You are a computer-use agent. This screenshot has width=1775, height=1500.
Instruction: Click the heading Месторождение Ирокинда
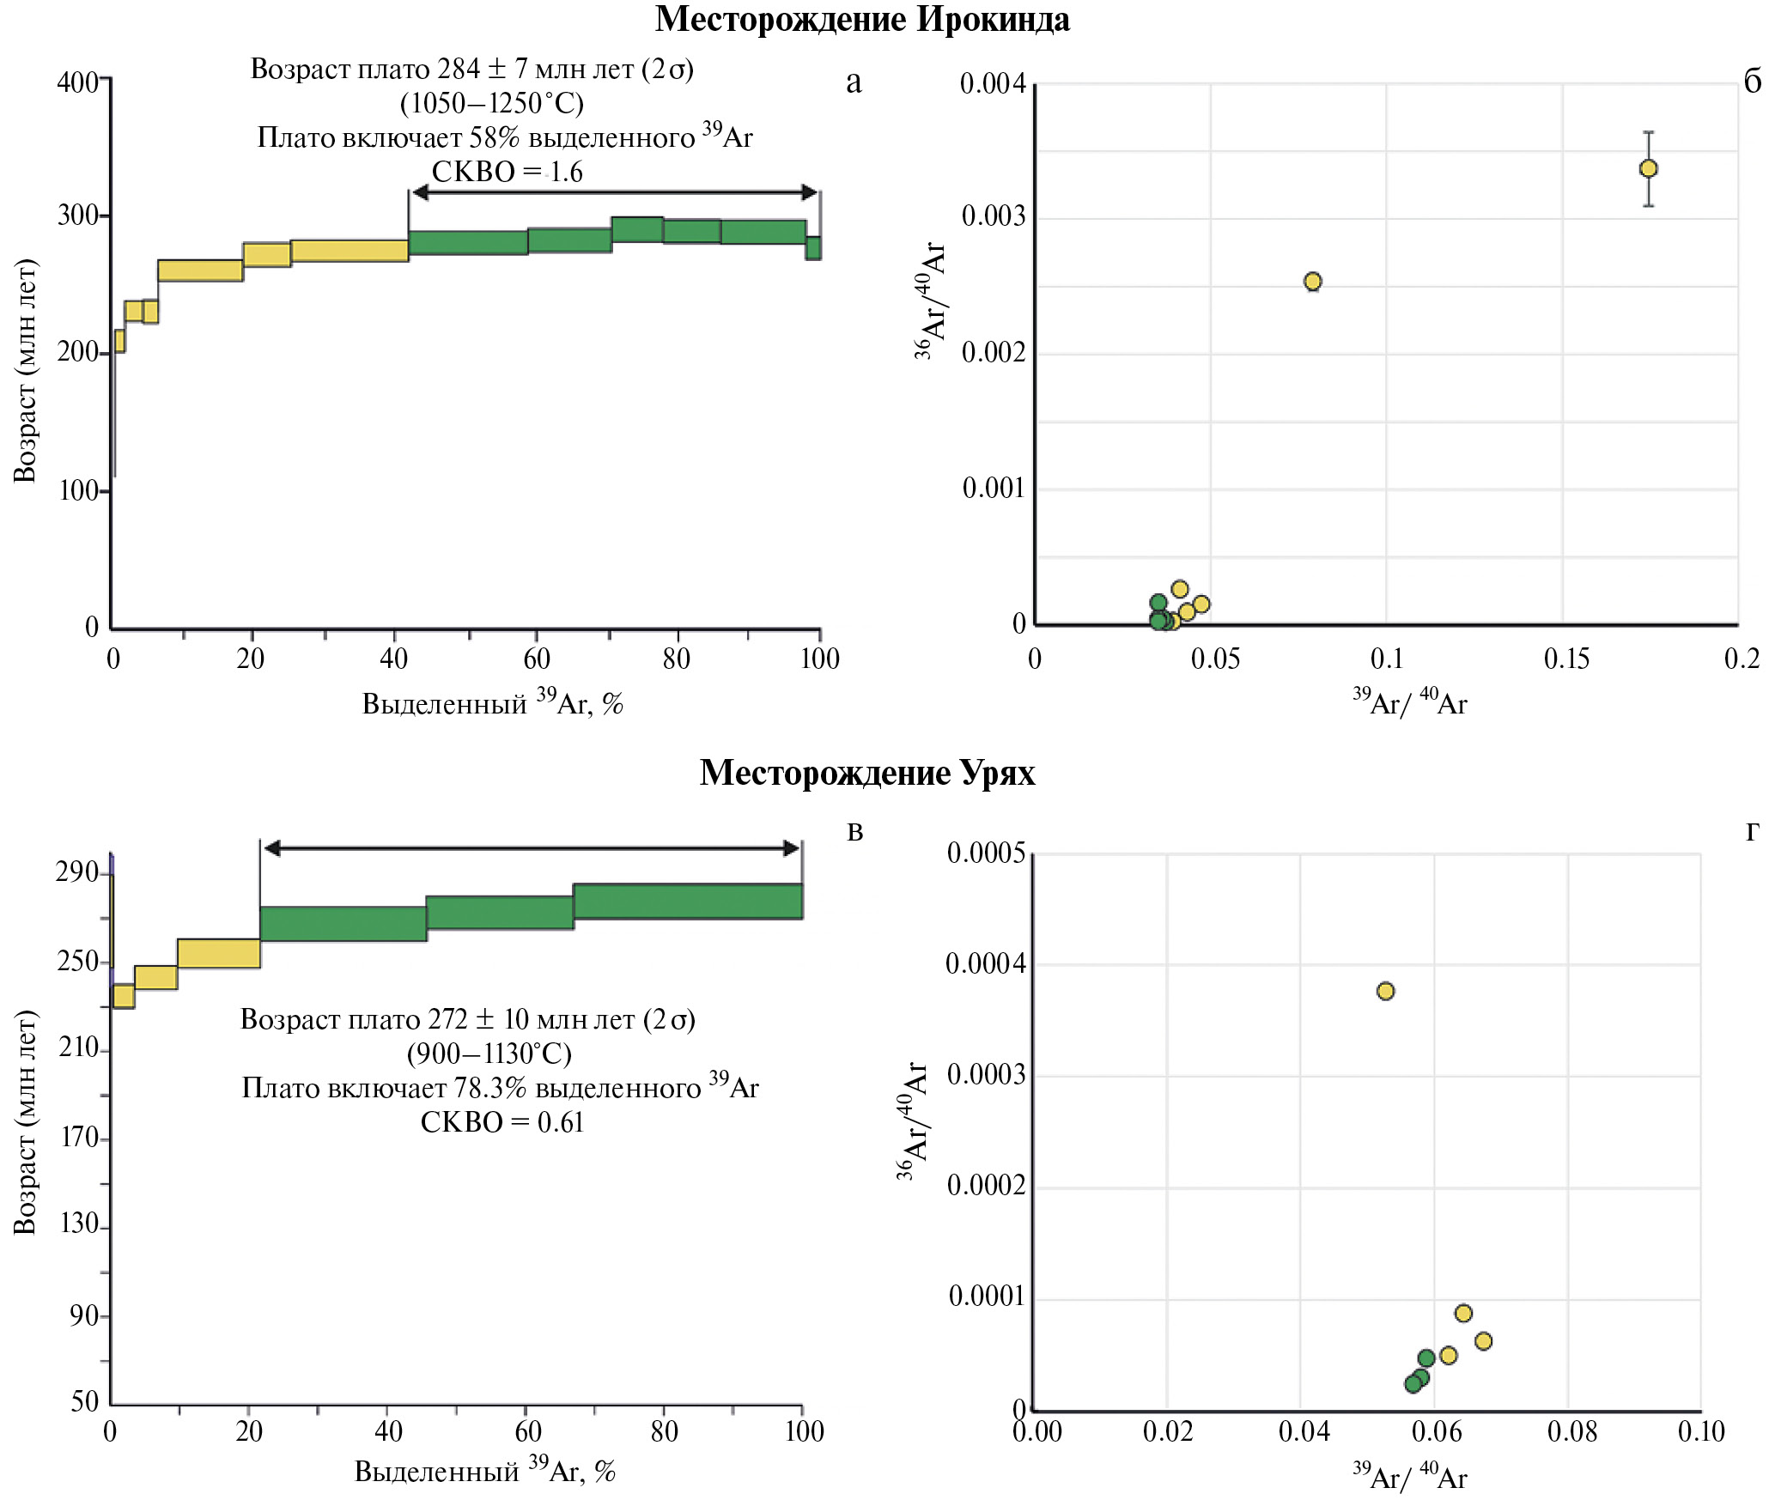point(862,19)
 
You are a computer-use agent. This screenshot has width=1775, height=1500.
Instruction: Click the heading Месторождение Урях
point(867,773)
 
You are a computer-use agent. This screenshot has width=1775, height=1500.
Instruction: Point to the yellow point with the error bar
point(1648,168)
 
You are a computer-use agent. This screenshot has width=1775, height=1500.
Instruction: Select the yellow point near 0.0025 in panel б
point(1312,282)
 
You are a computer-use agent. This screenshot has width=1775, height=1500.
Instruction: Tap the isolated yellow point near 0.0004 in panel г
point(1385,991)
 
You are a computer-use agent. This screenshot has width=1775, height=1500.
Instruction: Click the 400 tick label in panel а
point(77,82)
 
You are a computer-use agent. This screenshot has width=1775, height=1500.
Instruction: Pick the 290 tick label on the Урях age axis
point(77,872)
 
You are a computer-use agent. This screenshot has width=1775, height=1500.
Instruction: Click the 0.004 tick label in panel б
point(993,83)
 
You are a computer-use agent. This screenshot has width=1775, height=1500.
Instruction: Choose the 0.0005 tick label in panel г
point(986,853)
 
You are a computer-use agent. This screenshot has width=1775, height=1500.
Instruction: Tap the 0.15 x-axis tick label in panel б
point(1566,659)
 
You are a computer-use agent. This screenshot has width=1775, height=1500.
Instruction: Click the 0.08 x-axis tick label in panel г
point(1571,1431)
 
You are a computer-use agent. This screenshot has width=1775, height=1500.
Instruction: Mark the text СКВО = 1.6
point(507,172)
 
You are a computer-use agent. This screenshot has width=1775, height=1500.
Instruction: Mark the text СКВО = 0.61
point(501,1122)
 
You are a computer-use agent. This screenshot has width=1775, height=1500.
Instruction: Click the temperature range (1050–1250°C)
point(492,103)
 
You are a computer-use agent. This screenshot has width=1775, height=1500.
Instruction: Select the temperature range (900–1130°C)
point(489,1054)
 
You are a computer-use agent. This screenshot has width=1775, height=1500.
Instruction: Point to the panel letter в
point(854,831)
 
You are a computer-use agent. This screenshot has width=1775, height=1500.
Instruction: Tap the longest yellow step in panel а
point(350,251)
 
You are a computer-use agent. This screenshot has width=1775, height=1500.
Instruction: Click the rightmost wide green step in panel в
point(688,902)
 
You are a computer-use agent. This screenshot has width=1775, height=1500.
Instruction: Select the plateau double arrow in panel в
point(531,848)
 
